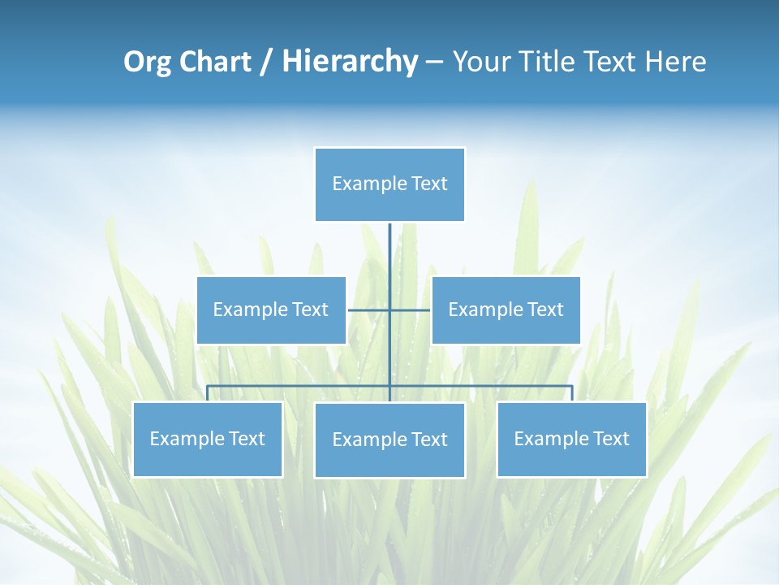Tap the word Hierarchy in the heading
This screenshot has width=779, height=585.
click(349, 62)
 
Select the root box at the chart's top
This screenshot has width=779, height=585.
click(389, 184)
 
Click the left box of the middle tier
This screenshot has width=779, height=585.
click(271, 310)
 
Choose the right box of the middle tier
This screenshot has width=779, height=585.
click(506, 310)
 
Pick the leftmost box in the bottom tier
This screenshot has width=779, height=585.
click(207, 439)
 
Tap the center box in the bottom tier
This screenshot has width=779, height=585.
click(389, 440)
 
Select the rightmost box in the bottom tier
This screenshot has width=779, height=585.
click(571, 439)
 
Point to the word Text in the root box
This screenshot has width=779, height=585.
click(429, 184)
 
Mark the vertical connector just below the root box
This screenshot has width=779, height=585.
click(389, 244)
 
